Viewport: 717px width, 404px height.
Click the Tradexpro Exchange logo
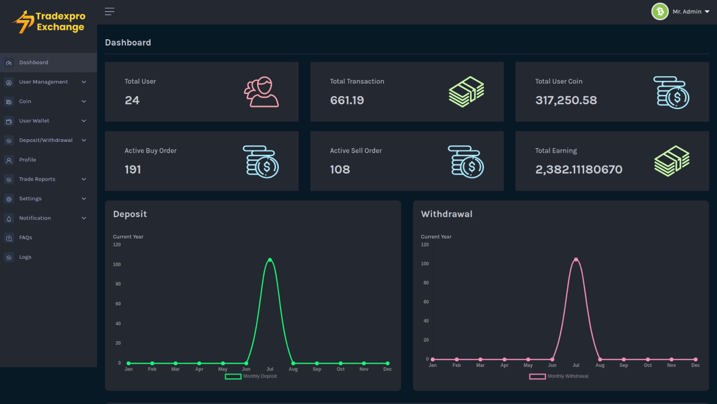click(49, 22)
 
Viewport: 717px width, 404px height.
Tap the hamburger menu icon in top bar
click(109, 12)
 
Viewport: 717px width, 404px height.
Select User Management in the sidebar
click(44, 82)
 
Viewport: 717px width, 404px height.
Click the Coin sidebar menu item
click(25, 102)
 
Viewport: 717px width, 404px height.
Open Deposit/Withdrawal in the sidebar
click(45, 140)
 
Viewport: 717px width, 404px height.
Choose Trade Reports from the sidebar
click(37, 179)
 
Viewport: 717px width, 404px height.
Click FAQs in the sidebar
click(25, 237)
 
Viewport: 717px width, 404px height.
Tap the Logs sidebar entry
click(25, 257)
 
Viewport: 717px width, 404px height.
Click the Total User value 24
click(132, 100)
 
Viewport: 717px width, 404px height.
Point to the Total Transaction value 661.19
click(347, 100)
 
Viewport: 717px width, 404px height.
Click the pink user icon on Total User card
click(261, 92)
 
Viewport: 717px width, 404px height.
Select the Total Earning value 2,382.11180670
click(579, 169)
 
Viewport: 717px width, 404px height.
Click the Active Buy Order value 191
click(133, 169)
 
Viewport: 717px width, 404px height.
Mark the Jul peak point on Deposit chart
click(270, 260)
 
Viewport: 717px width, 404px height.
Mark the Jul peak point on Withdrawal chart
click(576, 259)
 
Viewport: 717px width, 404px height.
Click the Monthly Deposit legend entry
click(251, 376)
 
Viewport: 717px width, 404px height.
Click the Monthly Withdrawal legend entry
click(559, 376)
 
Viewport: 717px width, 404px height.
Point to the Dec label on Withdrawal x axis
click(695, 365)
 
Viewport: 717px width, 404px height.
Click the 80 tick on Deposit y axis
click(118, 284)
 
